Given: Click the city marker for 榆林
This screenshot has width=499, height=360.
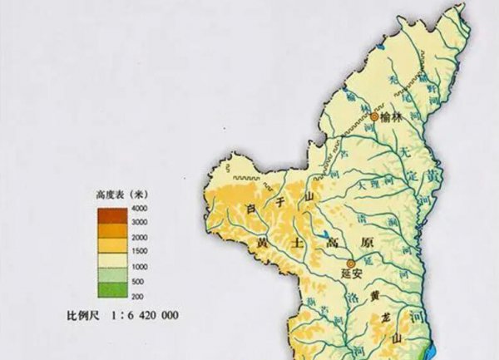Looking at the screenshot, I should point(374,118).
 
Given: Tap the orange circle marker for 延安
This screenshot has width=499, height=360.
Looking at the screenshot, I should point(350,263).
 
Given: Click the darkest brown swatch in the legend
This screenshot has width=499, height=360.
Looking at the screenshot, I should point(115,215).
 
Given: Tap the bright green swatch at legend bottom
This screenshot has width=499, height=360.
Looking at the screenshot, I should point(115,289).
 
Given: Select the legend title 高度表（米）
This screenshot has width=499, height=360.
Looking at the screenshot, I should point(117,193).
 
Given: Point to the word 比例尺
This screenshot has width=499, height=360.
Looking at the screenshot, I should point(84,316).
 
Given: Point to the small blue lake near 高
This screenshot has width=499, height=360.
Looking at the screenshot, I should point(321,235).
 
